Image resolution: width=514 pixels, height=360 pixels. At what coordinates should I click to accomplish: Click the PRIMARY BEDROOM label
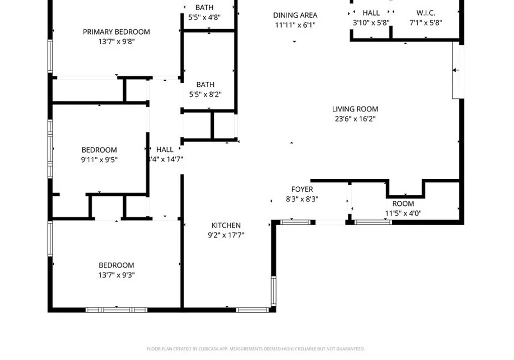(116, 32)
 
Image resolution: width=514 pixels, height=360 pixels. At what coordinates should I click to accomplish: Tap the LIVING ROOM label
(355, 109)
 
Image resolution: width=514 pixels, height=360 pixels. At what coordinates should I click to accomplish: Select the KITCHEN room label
(226, 225)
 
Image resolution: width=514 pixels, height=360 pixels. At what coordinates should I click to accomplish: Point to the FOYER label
(302, 189)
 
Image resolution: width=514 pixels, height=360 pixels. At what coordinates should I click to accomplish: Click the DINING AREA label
(295, 15)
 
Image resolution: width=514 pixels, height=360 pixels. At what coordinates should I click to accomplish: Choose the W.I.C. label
(426, 13)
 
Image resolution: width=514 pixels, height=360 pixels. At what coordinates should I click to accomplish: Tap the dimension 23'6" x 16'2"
(355, 119)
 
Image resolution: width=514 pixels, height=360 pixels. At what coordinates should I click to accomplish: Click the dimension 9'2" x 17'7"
(226, 235)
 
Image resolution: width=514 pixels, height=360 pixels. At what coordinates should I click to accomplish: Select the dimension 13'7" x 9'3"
(116, 275)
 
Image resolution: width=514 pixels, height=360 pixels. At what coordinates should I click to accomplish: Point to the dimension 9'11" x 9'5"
(99, 160)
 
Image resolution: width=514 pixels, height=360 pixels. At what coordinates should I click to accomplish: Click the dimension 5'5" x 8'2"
(205, 94)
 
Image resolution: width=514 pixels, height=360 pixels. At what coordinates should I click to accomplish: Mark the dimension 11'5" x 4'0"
(403, 213)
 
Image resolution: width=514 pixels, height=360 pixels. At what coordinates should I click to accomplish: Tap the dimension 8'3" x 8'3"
(302, 199)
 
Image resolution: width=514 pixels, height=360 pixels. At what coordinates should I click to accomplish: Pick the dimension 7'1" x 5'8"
(426, 23)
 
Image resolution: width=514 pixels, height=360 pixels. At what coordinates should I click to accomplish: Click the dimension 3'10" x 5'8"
(371, 23)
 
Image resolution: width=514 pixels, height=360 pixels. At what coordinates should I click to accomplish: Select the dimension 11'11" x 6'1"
(295, 25)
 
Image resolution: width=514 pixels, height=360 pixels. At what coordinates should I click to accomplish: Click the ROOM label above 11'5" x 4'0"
(403, 203)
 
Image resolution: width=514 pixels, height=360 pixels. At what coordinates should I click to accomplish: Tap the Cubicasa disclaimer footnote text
(255, 348)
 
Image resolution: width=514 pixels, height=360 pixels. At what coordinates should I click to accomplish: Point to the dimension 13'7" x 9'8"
(116, 42)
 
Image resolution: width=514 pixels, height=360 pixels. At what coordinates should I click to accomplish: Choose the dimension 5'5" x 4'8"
(204, 17)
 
